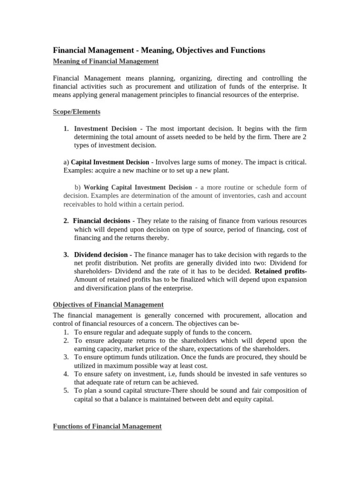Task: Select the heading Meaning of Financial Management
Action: coord(105,61)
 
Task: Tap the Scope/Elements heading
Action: coord(76,112)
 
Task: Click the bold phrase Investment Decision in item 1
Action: coord(105,128)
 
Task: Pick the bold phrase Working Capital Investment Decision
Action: coord(138,187)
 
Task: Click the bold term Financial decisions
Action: coord(102,220)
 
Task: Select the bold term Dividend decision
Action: coord(101,255)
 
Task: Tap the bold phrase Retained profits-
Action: coord(280,271)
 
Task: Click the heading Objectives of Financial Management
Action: coord(108,305)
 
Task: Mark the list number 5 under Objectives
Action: coord(66,391)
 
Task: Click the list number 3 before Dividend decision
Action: coord(66,255)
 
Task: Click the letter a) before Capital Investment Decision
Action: coord(66,162)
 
